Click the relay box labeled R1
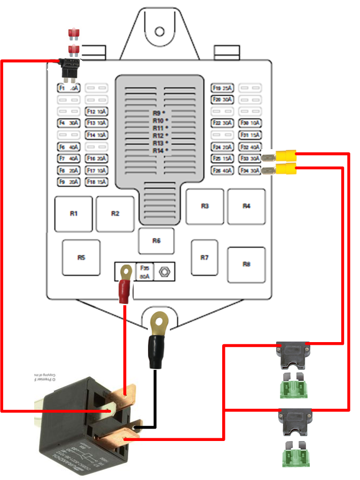[74, 214]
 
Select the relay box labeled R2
[115, 214]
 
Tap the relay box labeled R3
[205, 206]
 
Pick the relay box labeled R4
[246, 206]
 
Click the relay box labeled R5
[81, 258]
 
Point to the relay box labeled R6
[156, 241]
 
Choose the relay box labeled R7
[205, 258]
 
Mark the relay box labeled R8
[246, 264]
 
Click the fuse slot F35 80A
[144, 272]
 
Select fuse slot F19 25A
[222, 88]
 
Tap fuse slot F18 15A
[97, 182]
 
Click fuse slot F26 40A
[222, 171]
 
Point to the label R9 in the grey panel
[157, 113]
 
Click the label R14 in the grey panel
[157, 151]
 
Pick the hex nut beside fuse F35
[165, 272]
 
